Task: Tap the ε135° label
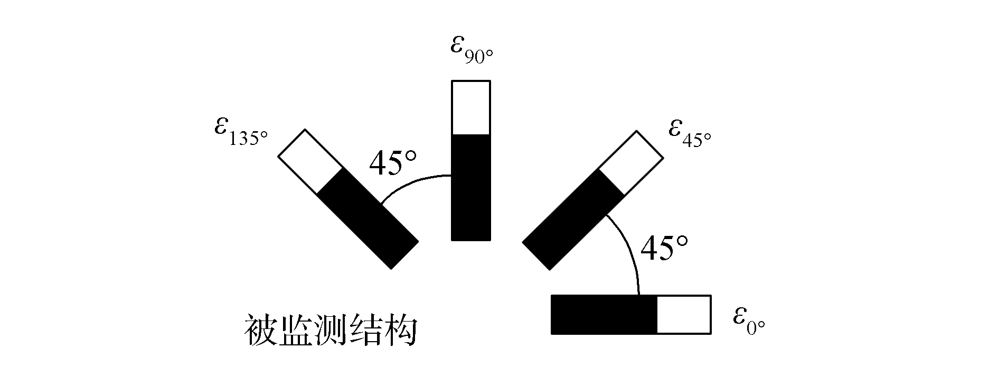tap(241, 133)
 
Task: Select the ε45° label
tap(690, 133)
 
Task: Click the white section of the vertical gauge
tap(471, 108)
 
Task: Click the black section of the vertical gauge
tap(471, 188)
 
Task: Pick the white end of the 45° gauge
tap(630, 161)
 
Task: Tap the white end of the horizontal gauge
tap(684, 315)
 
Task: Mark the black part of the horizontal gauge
tap(604, 315)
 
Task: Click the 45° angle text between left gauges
tap(392, 163)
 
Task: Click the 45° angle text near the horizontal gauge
tap(664, 248)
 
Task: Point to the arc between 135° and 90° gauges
tap(412, 182)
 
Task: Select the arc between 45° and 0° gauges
tap(628, 249)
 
